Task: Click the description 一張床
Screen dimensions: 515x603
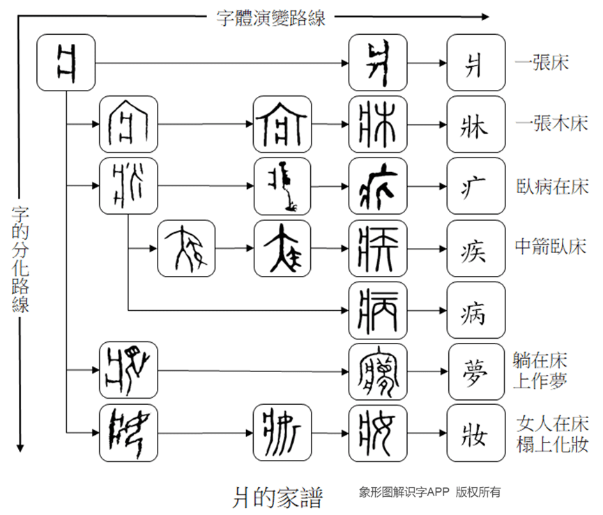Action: (542, 63)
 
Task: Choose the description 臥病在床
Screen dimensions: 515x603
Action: (551, 186)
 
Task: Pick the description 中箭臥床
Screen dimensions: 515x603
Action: (551, 247)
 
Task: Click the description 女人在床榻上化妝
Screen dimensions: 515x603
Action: (551, 433)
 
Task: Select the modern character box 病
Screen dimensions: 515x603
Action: (476, 309)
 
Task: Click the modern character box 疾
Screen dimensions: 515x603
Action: (476, 248)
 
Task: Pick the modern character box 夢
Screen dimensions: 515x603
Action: (476, 371)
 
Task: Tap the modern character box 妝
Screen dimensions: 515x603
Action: (476, 433)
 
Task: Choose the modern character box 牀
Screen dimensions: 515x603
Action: (476, 125)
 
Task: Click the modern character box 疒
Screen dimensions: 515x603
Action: (476, 186)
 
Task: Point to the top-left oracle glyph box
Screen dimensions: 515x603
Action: (66, 63)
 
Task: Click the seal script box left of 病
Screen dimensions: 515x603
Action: (378, 309)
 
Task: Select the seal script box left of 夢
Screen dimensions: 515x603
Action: (378, 371)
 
